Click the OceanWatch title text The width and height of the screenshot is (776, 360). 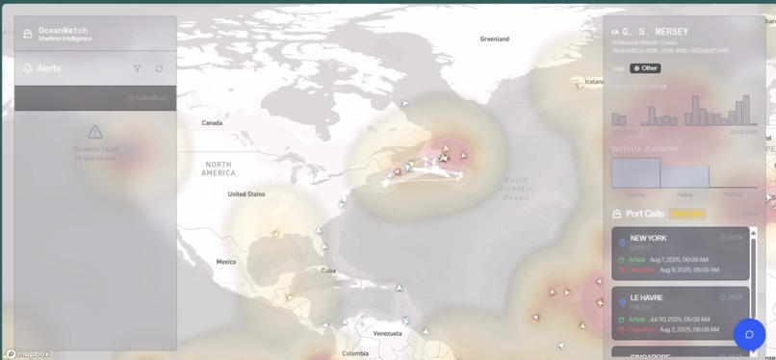(x=63, y=30)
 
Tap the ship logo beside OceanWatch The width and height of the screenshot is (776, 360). (x=27, y=35)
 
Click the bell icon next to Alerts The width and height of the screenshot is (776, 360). (x=27, y=68)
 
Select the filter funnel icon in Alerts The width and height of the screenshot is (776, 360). (x=137, y=68)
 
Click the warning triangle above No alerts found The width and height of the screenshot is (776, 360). (x=95, y=132)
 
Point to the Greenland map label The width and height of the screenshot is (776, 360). (x=494, y=39)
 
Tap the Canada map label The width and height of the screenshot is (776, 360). (x=212, y=123)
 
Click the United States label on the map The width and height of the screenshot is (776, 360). (x=246, y=194)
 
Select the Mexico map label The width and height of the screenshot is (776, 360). (x=226, y=262)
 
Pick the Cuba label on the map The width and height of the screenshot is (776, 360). (x=328, y=270)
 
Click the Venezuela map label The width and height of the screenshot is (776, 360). (x=387, y=333)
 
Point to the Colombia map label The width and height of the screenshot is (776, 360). (x=354, y=353)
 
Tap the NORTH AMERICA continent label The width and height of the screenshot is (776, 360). (x=219, y=168)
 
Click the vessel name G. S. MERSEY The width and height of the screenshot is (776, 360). (x=656, y=32)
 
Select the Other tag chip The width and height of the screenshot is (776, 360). (x=645, y=68)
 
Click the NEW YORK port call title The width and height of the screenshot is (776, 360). (x=648, y=238)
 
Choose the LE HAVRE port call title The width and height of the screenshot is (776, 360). (x=647, y=298)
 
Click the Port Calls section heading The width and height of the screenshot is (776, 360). (x=644, y=214)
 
